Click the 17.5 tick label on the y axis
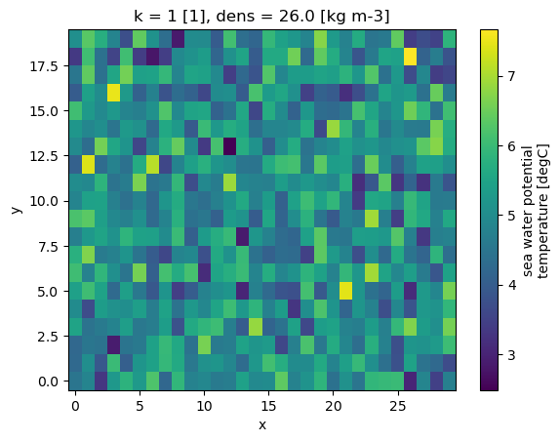pyautogui.click(x=44, y=66)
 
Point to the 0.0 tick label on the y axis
pyautogui.click(x=48, y=382)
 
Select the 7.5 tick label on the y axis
pyautogui.click(x=48, y=247)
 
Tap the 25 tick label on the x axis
pyautogui.click(x=398, y=406)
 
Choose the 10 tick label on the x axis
pyautogui.click(x=204, y=406)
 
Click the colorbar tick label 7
pyautogui.click(x=511, y=76)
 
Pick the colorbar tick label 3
pyautogui.click(x=511, y=355)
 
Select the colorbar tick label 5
pyautogui.click(x=511, y=216)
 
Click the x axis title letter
pyautogui.click(x=262, y=424)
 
